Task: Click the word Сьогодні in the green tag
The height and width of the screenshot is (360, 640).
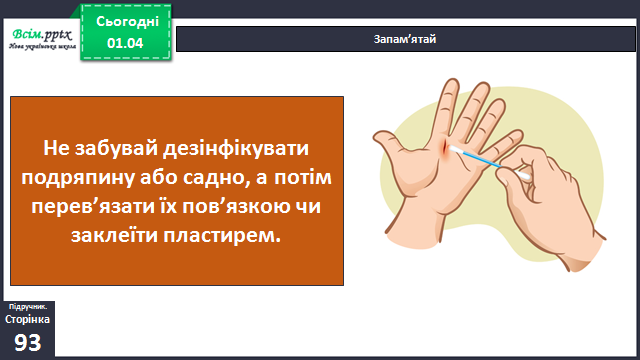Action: (127, 22)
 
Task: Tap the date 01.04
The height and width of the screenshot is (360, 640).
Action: (125, 43)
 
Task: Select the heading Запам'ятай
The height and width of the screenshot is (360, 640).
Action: (405, 39)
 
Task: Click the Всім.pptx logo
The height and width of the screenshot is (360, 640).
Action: (42, 39)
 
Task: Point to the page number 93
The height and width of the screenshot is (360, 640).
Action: (28, 342)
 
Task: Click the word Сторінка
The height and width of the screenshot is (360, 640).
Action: (27, 319)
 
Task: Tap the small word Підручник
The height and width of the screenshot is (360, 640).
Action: (28, 307)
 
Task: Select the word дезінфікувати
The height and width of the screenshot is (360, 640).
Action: (236, 149)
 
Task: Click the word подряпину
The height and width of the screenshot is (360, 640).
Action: (78, 178)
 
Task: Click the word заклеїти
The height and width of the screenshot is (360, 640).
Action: (114, 236)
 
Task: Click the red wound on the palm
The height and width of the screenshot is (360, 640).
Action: (444, 149)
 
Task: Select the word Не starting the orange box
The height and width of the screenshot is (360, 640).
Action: (56, 149)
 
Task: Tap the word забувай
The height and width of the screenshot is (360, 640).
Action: (116, 149)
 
